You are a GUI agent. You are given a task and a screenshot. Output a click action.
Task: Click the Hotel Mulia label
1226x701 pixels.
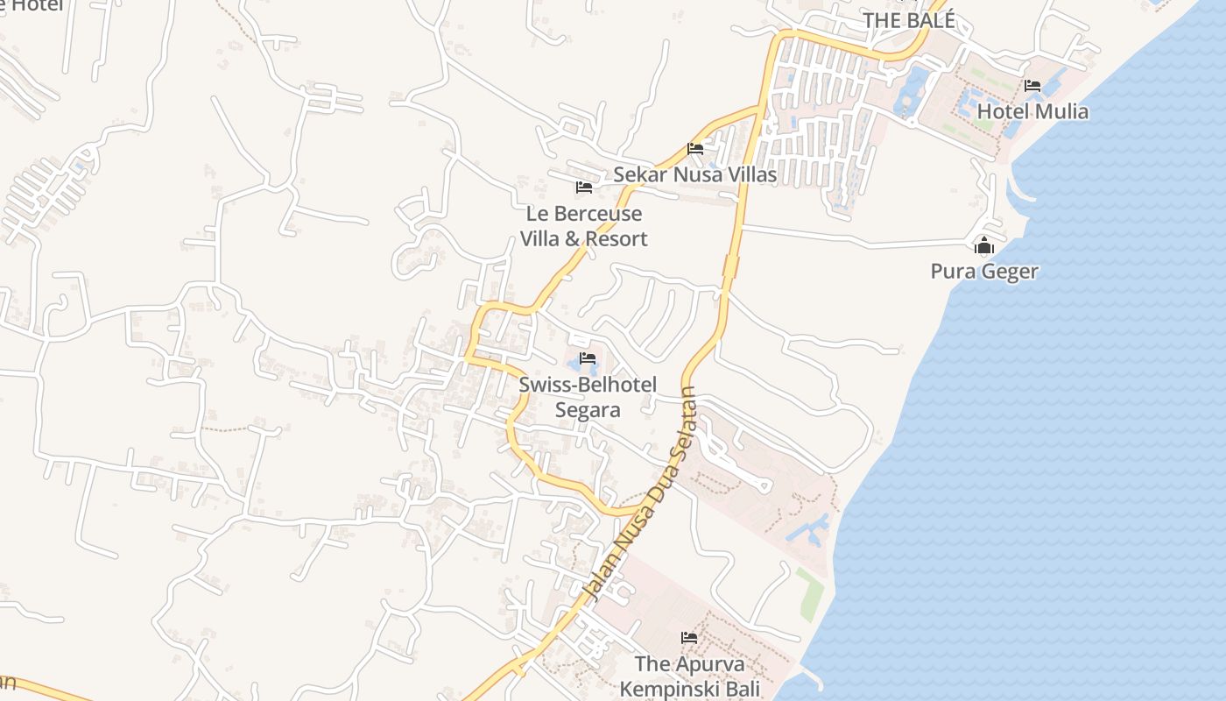click(1032, 111)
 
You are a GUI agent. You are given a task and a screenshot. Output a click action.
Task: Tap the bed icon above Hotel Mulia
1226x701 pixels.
click(1032, 86)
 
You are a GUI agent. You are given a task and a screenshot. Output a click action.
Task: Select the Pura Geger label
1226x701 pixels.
click(984, 271)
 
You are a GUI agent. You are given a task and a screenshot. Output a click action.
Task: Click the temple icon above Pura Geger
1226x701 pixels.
click(984, 246)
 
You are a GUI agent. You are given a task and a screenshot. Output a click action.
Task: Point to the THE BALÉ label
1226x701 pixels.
click(908, 20)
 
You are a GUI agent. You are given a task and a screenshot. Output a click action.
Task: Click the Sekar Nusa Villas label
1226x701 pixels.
click(694, 174)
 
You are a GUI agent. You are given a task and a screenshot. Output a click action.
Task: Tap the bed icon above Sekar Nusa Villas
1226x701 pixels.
click(695, 148)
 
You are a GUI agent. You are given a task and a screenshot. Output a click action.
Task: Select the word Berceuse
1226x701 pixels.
click(598, 214)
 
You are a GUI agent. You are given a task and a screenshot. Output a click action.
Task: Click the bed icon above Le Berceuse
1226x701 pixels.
click(584, 188)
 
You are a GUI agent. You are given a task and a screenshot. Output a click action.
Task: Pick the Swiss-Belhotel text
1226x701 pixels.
click(588, 385)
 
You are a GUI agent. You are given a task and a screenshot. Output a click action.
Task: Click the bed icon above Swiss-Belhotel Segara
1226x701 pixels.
click(588, 358)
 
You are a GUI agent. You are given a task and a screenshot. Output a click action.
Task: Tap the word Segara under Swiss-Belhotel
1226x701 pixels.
click(588, 409)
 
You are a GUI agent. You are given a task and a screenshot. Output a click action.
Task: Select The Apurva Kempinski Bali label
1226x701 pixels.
click(689, 676)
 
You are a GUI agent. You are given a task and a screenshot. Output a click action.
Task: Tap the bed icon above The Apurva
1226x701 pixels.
click(689, 637)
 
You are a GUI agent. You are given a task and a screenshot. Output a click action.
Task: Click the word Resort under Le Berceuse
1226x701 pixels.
click(617, 238)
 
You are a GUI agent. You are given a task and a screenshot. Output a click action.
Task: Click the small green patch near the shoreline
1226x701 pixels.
click(810, 593)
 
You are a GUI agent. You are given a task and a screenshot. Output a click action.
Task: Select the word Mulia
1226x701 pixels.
click(1061, 111)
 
